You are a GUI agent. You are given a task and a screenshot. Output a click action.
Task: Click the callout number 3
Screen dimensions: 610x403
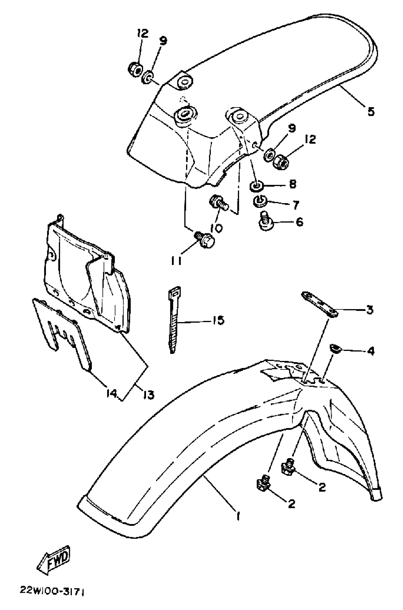(x=369, y=310)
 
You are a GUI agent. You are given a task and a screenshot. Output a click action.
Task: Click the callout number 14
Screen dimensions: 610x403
(x=112, y=393)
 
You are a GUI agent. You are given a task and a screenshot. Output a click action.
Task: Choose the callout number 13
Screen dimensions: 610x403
(x=149, y=394)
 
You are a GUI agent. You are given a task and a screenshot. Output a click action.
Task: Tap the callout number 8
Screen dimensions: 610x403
(x=293, y=184)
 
